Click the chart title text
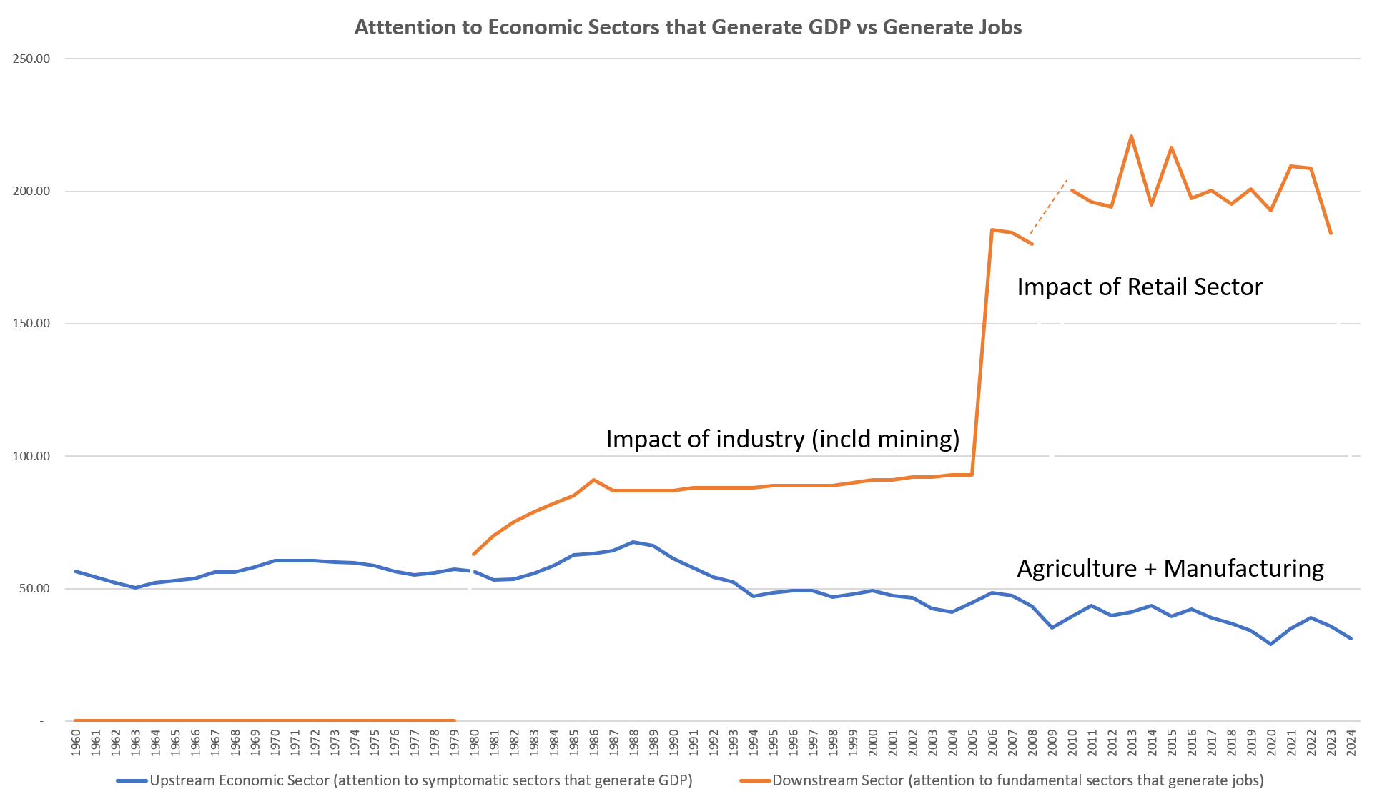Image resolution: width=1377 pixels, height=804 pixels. coord(688,27)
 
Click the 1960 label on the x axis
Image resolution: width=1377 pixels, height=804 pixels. coord(76,741)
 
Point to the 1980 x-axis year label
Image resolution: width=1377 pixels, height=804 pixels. coord(474,741)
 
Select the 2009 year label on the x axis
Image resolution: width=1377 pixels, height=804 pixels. coord(1052,741)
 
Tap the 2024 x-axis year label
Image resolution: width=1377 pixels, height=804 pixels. coord(1351,741)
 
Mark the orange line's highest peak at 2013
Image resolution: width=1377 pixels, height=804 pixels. coord(1131,136)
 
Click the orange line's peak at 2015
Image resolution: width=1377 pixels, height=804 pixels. coord(1171,147)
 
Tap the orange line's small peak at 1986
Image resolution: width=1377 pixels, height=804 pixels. coord(593,480)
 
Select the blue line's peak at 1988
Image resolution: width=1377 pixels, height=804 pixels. coord(633,542)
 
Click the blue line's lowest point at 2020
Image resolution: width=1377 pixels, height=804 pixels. coord(1270,644)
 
